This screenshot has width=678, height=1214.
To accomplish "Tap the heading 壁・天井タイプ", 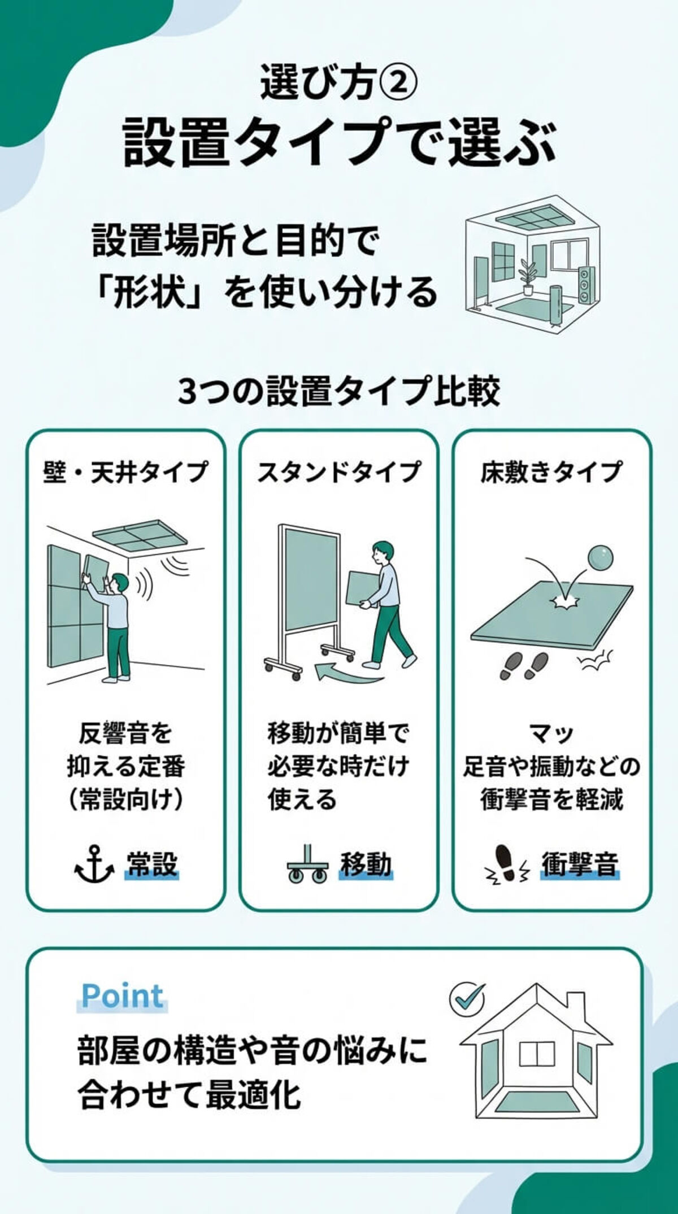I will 125,471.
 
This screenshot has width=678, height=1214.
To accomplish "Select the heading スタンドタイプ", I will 339,471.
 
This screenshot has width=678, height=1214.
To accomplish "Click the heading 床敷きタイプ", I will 551,471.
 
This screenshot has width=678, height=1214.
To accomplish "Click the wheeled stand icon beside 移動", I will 307,864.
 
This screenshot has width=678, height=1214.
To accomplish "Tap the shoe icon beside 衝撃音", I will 506,864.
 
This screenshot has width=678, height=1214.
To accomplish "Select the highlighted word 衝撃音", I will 580,863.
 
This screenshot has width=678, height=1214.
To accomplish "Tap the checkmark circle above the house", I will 467,998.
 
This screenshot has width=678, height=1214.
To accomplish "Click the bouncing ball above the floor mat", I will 599,558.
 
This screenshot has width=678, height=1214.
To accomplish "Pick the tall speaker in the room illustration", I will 586,285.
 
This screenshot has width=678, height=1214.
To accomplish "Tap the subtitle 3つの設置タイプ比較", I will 339,391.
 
